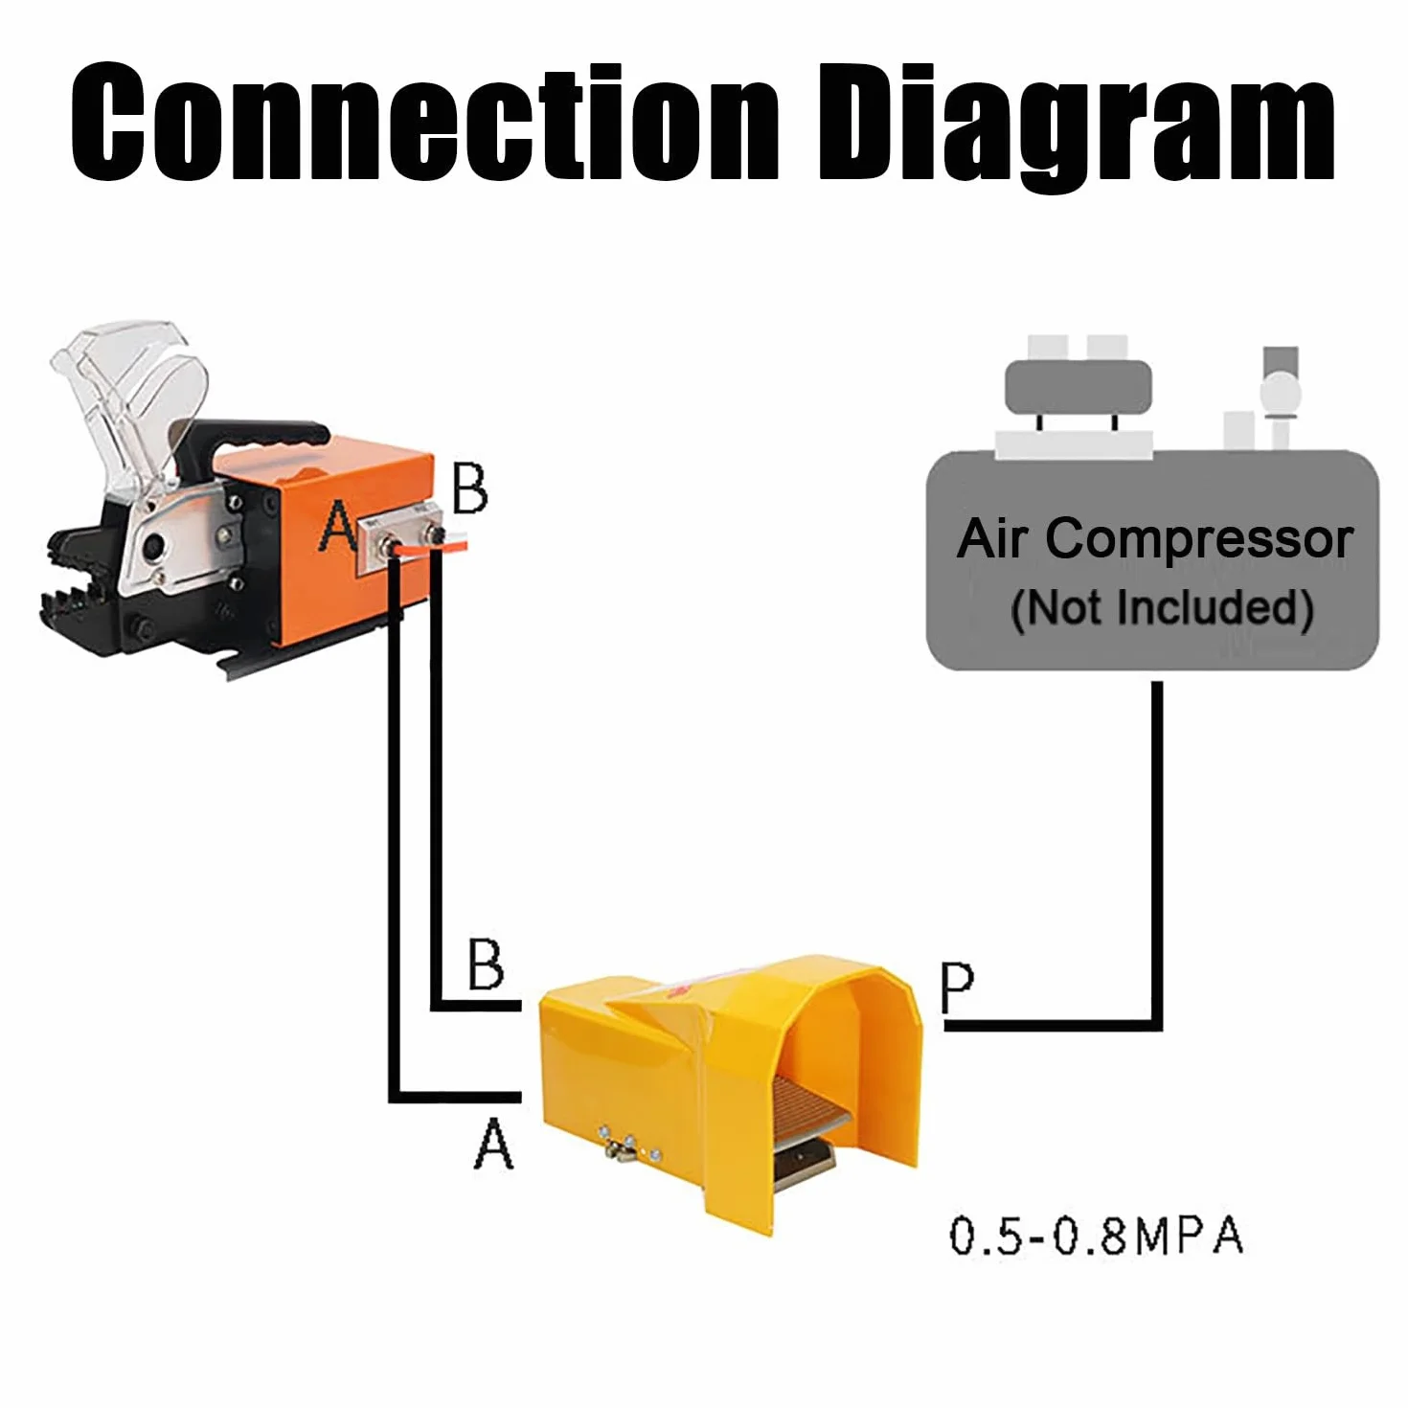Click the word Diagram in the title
click(x=1077, y=127)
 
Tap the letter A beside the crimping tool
click(x=337, y=525)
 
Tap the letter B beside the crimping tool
click(x=469, y=488)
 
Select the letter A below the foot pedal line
click(x=494, y=1144)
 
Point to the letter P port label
click(x=957, y=988)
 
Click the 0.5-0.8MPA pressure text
click(x=1096, y=1236)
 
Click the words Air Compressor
click(x=1155, y=539)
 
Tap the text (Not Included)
click(x=1162, y=608)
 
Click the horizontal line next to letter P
click(x=1052, y=1026)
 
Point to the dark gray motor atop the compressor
click(x=1079, y=387)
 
